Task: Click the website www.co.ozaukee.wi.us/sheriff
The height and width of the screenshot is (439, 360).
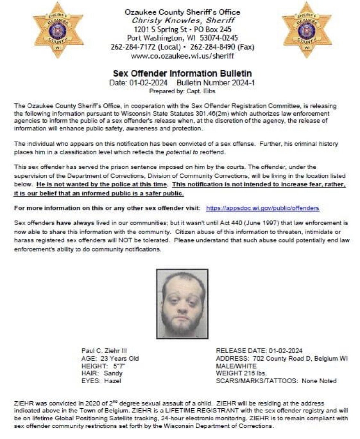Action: [182, 56]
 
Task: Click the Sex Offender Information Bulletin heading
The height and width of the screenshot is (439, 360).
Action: [182, 73]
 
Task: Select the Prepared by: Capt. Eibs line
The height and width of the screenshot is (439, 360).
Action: [182, 91]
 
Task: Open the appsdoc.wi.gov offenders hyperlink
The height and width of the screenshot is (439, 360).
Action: [262, 208]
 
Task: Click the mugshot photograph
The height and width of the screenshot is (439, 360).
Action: [182, 304]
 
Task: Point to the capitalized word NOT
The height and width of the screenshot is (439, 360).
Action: [124, 240]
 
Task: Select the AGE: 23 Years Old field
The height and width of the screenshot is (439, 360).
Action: [110, 358]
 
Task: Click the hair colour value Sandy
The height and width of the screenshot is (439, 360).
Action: [113, 373]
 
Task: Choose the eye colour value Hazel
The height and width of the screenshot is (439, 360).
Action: [112, 381]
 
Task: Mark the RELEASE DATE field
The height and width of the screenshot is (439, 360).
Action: [259, 351]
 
